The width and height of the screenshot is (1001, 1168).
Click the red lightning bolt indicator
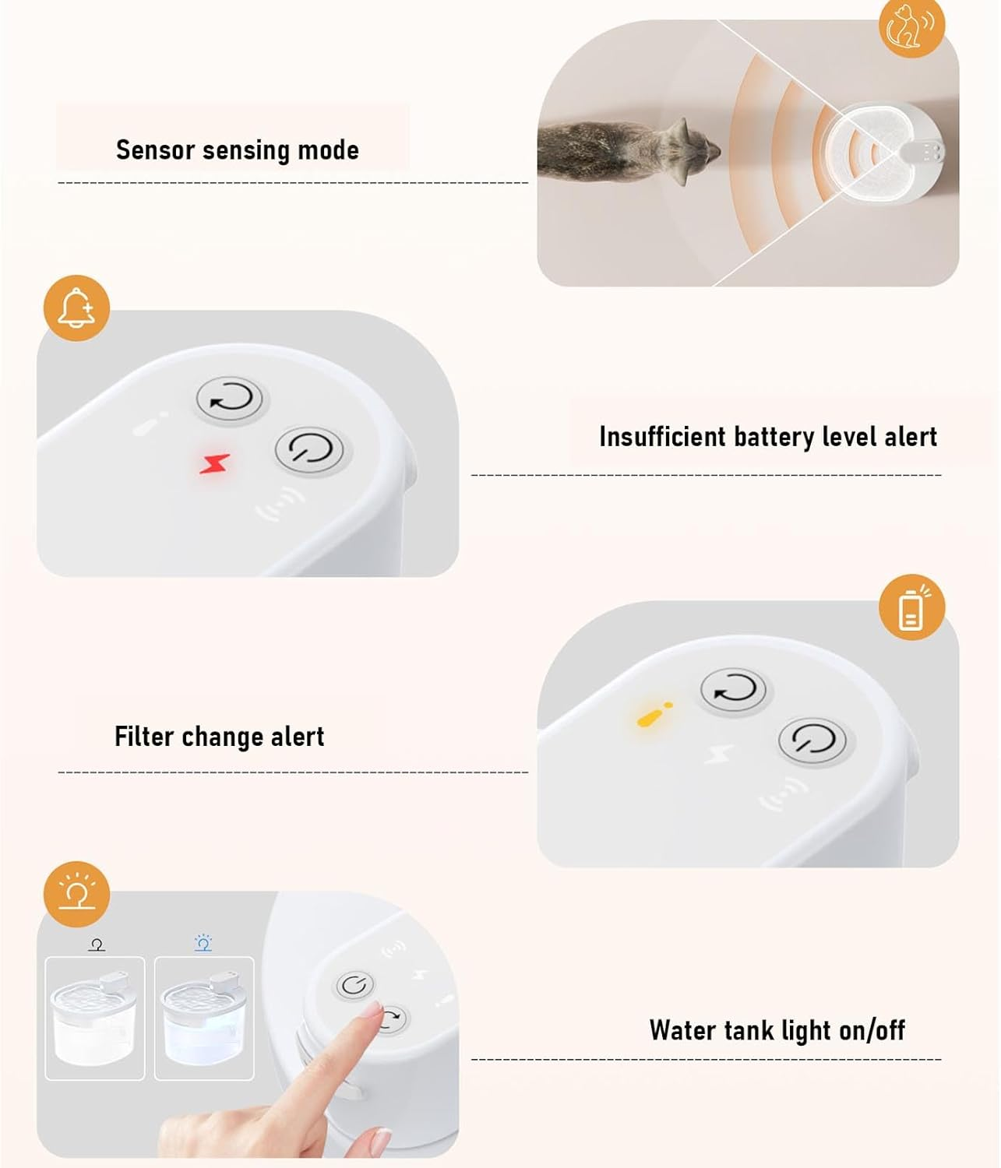(x=214, y=463)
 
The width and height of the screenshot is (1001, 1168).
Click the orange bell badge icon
(x=77, y=308)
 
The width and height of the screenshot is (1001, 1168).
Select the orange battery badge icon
(x=911, y=607)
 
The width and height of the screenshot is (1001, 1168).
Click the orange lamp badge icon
(x=77, y=895)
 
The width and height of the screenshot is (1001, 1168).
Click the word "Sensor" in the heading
(x=155, y=150)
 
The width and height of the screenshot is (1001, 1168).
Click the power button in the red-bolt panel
(x=310, y=450)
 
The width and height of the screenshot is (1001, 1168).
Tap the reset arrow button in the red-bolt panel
(x=230, y=399)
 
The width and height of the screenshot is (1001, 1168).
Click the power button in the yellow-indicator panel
(x=812, y=741)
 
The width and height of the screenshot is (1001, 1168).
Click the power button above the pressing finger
(x=355, y=985)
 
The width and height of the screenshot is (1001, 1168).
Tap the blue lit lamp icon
(x=203, y=942)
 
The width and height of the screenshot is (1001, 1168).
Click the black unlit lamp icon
(x=97, y=945)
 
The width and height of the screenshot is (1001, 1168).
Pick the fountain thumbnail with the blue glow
(x=204, y=1018)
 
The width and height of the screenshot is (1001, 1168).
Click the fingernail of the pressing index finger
(x=372, y=1011)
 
